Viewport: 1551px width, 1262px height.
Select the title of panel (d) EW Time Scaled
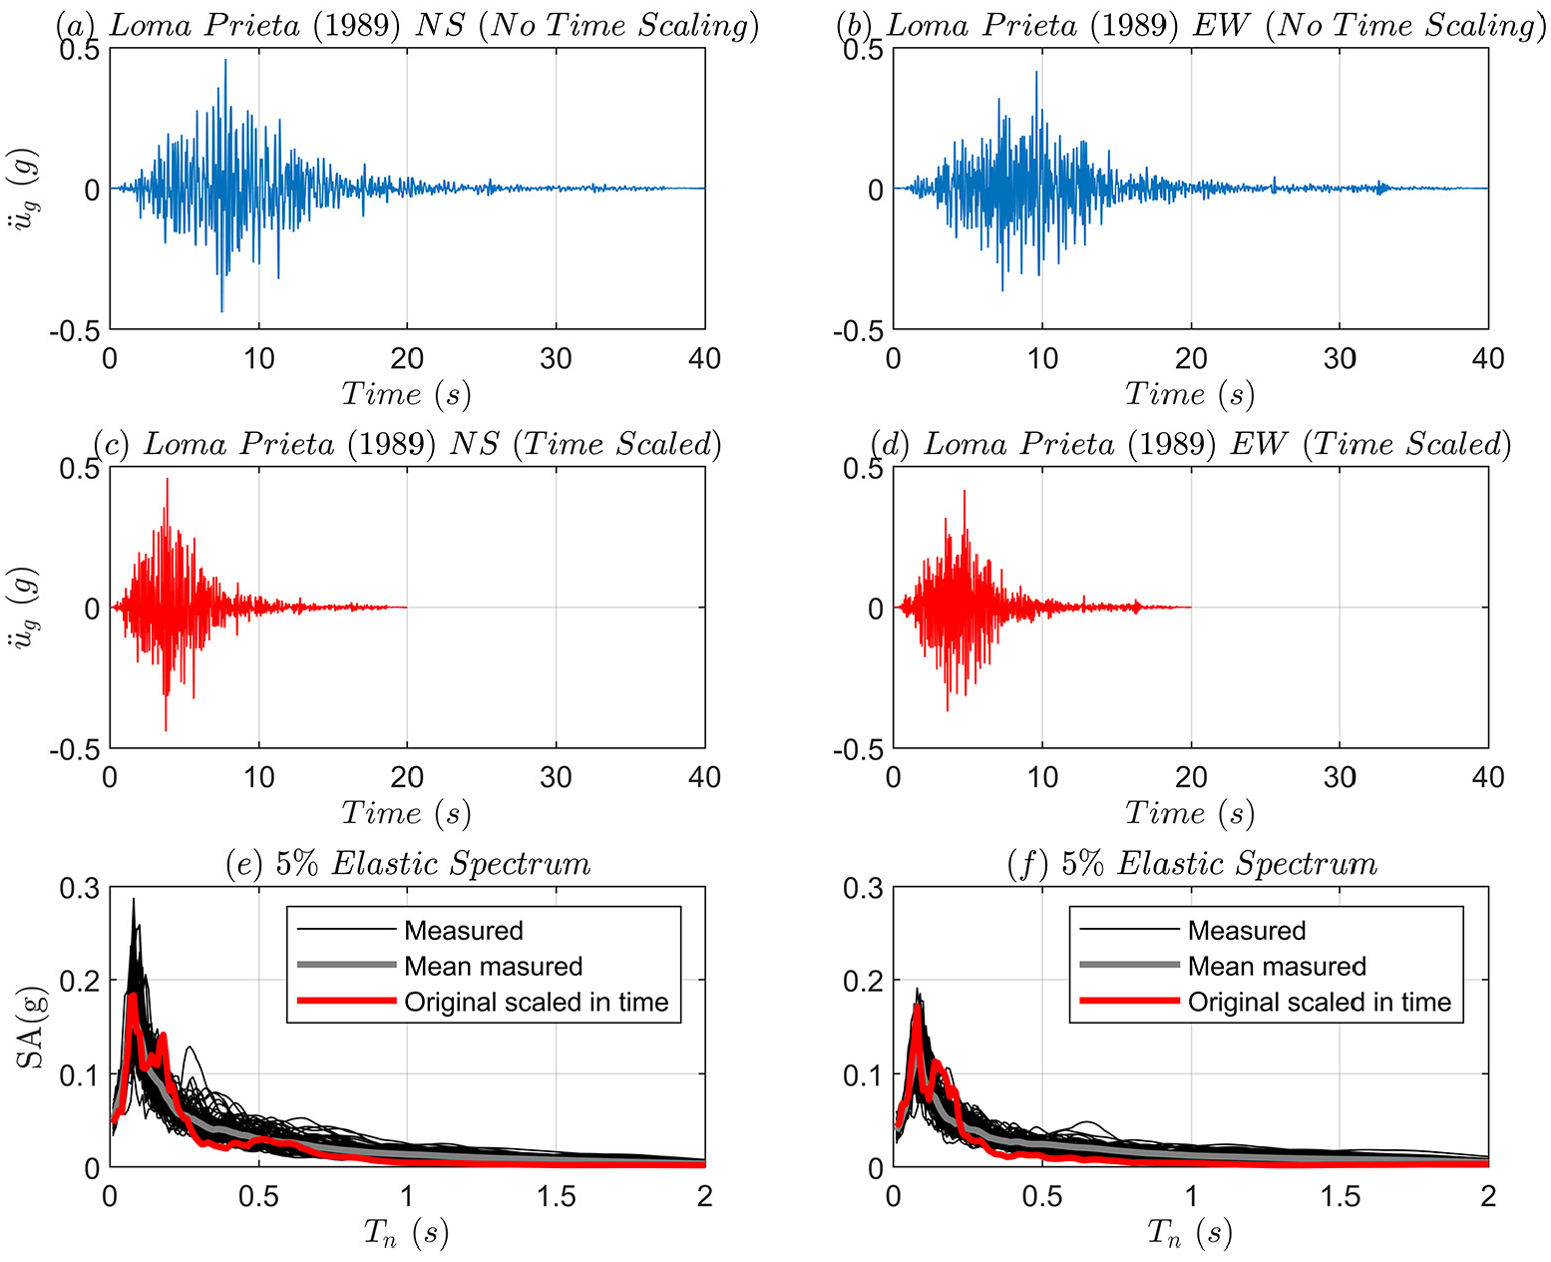point(1191,444)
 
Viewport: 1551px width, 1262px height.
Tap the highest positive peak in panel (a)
point(225,60)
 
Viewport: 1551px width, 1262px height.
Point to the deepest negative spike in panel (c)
point(166,729)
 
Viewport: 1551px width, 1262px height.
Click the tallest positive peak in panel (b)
point(1036,72)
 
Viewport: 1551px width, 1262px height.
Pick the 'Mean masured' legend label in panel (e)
point(493,966)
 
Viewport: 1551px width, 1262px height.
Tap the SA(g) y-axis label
point(30,1028)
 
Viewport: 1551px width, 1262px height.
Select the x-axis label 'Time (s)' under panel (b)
point(1190,394)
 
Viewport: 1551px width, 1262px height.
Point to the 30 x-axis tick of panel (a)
point(556,358)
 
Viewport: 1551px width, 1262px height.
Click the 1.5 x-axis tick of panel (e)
point(556,1196)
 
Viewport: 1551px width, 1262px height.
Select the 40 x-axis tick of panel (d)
point(1487,777)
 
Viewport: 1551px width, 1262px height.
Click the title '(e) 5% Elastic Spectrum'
point(408,864)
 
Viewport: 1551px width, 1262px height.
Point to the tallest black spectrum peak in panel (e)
point(134,900)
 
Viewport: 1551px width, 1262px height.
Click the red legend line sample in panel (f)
point(1129,1001)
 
